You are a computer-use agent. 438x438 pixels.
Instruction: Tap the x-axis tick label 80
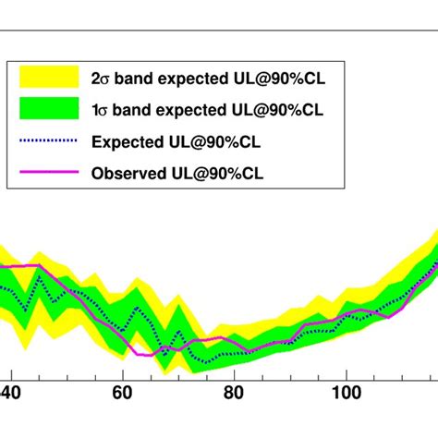click(234, 393)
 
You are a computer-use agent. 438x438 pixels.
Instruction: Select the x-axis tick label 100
click(347, 393)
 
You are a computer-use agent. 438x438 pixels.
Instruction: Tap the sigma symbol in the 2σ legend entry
click(104, 78)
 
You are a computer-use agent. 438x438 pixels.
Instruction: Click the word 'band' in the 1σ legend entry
click(132, 110)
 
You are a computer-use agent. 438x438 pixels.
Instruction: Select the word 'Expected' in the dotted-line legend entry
click(128, 141)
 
